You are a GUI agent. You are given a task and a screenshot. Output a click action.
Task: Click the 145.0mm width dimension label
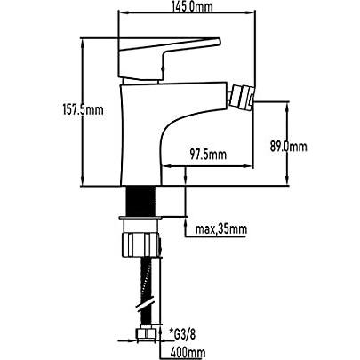tap(193, 6)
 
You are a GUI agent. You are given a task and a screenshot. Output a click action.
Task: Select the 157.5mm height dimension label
tap(83, 110)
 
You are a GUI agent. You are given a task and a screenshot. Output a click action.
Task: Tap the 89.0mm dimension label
tap(288, 147)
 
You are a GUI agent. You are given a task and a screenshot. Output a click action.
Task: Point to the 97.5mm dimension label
tap(208, 155)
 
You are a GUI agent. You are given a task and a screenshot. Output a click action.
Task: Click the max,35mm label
tap(220, 229)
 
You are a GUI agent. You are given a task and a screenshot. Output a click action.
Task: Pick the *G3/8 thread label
tap(182, 335)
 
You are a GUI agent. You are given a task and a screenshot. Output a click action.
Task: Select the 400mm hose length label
tap(188, 353)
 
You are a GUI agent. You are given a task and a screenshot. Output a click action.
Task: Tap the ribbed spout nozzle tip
tap(242, 98)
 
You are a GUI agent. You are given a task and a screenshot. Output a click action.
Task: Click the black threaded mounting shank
tap(141, 201)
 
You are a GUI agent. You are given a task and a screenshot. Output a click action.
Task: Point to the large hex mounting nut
tap(141, 244)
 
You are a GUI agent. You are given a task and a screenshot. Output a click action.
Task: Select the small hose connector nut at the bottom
tap(146, 334)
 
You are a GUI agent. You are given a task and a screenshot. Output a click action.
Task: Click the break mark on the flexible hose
tap(145, 304)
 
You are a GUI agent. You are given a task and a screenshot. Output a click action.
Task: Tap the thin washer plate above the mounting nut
tap(141, 218)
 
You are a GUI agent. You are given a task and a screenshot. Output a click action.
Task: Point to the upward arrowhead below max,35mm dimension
tap(186, 221)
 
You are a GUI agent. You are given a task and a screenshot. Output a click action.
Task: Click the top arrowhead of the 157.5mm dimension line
tap(83, 42)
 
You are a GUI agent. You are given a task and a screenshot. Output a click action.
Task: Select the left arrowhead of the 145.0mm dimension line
tap(123, 12)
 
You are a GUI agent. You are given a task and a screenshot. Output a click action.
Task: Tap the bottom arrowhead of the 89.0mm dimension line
tap(287, 181)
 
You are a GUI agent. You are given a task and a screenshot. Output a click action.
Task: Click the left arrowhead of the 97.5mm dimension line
tap(168, 166)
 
